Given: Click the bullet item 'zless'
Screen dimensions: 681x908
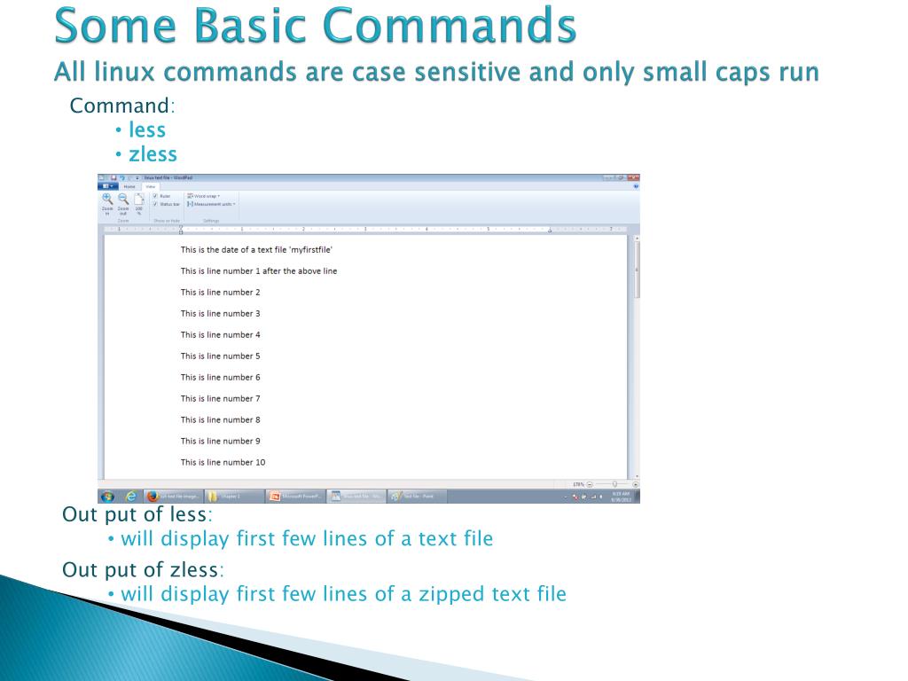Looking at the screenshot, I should coord(153,154).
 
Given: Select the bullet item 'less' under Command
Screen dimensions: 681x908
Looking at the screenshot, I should coord(147,130).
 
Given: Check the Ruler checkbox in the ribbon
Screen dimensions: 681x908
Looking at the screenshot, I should coord(155,196).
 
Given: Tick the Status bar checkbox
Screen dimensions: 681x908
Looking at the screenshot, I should coord(155,204).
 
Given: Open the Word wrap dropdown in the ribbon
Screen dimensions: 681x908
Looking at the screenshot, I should coord(204,196).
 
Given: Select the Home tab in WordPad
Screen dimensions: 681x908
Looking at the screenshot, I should coord(129,186).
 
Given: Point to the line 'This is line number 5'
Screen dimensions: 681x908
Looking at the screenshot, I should coord(221,356).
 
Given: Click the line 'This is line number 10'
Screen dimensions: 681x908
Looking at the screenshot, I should coord(223,463).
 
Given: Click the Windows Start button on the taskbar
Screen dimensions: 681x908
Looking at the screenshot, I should coord(107,497).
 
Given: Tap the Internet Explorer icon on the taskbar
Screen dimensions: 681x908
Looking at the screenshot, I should coord(131,497).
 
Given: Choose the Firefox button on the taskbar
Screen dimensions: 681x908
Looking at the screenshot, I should coord(173,497).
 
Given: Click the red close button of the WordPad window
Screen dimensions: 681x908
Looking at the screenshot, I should coord(633,177).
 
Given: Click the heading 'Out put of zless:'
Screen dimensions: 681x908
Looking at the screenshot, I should coord(143,569).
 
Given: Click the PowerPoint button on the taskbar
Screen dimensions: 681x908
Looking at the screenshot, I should coord(296,497).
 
